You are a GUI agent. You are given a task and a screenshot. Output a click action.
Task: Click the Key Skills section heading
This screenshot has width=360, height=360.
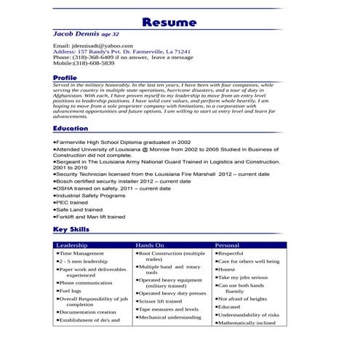pyautogui.click(x=71, y=230)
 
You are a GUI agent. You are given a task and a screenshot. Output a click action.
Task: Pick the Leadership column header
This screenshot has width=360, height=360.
pyautogui.click(x=72, y=246)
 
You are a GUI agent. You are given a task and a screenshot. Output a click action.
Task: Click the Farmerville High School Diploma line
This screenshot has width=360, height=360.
pyautogui.click(x=124, y=143)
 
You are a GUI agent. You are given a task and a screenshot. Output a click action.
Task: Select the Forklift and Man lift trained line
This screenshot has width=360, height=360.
pyautogui.click(x=91, y=217)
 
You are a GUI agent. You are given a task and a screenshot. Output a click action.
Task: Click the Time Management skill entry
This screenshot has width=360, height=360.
pyautogui.click(x=81, y=254)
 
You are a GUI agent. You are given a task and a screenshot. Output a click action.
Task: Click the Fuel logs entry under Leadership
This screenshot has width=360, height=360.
pyautogui.click(x=71, y=291)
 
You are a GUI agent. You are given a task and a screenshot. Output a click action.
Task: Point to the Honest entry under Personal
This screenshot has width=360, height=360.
pyautogui.click(x=228, y=269)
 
